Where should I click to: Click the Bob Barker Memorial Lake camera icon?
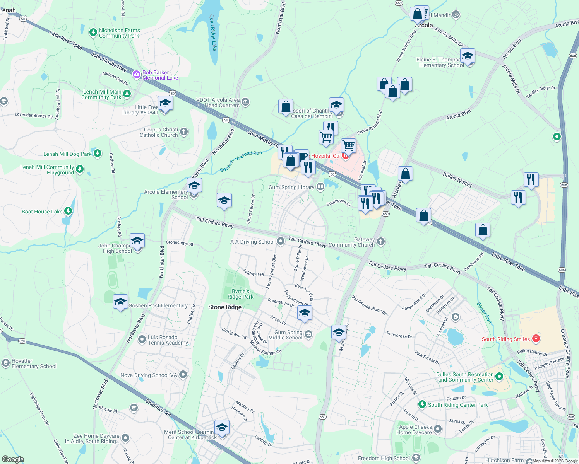(x=136, y=75)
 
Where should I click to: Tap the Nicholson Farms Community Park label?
(x=119, y=33)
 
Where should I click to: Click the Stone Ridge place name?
(x=225, y=307)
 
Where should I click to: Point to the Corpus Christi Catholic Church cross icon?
(x=184, y=132)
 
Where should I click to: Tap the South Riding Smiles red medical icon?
(x=536, y=339)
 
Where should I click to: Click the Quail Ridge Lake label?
(x=213, y=33)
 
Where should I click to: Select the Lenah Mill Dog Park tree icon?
(x=98, y=154)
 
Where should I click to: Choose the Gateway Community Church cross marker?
(x=381, y=242)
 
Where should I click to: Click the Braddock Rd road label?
(x=158, y=408)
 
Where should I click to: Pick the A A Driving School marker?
(x=281, y=242)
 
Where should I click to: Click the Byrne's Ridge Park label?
(x=240, y=294)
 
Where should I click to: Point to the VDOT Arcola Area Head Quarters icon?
(x=245, y=102)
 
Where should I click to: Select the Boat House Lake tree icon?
(x=68, y=211)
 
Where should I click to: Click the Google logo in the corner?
(x=13, y=459)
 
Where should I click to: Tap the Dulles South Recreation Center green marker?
(x=499, y=376)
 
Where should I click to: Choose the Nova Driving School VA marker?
(x=183, y=375)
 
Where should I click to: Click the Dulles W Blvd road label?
(x=457, y=180)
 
